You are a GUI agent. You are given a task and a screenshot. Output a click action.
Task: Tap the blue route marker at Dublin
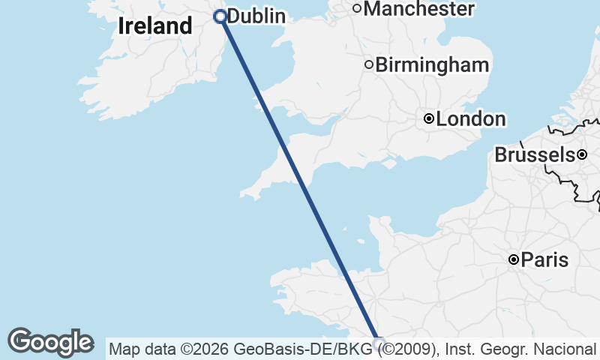coord(220,16)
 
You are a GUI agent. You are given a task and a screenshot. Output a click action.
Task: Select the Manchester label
coord(419,9)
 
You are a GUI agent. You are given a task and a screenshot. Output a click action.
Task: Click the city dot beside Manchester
coord(357,9)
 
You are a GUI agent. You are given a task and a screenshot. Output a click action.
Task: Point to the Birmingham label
coord(432,65)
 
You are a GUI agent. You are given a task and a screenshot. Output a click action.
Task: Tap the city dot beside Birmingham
coord(369,64)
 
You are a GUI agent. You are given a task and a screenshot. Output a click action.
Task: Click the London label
coord(470,119)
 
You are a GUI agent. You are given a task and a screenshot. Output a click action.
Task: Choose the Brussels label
coord(534,155)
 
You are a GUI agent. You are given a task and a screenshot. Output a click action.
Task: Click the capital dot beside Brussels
coord(581,154)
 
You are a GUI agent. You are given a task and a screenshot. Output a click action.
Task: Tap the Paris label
coord(544,260)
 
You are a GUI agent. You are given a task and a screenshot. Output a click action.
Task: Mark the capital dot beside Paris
coord(514,260)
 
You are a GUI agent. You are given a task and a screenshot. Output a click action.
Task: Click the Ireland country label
coord(155,26)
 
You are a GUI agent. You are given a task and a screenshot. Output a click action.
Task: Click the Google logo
coord(50,342)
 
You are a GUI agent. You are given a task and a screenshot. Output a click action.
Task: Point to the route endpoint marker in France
coord(379,343)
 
